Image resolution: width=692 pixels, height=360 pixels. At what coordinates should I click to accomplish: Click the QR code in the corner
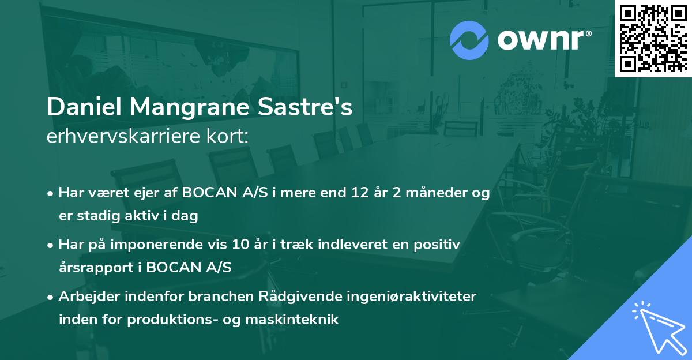[x=652, y=39]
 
